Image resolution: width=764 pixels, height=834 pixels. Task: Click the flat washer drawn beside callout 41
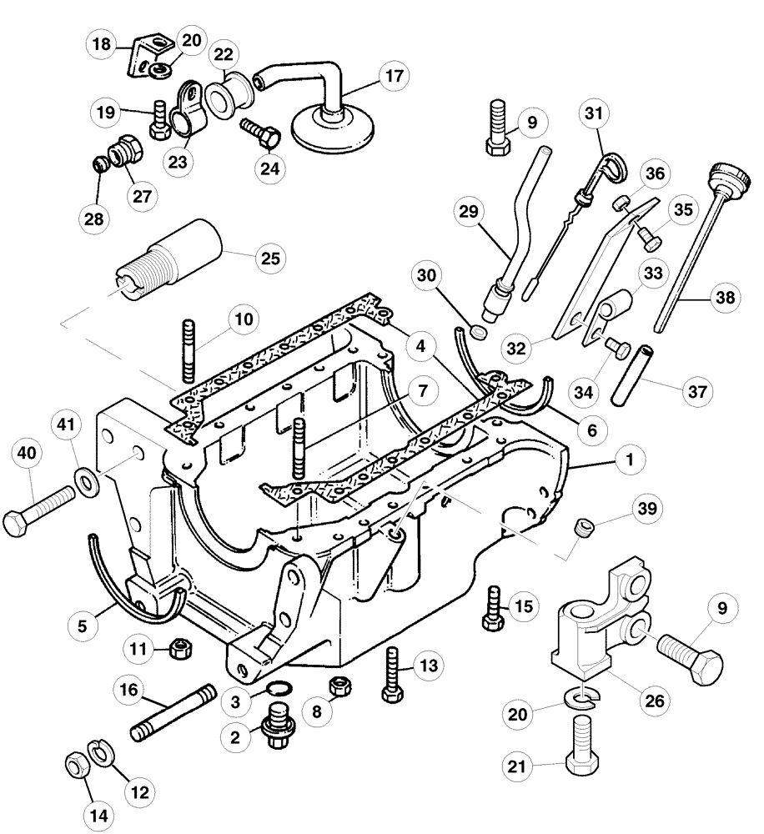[84, 482]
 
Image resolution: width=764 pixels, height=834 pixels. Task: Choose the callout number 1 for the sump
[630, 459]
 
